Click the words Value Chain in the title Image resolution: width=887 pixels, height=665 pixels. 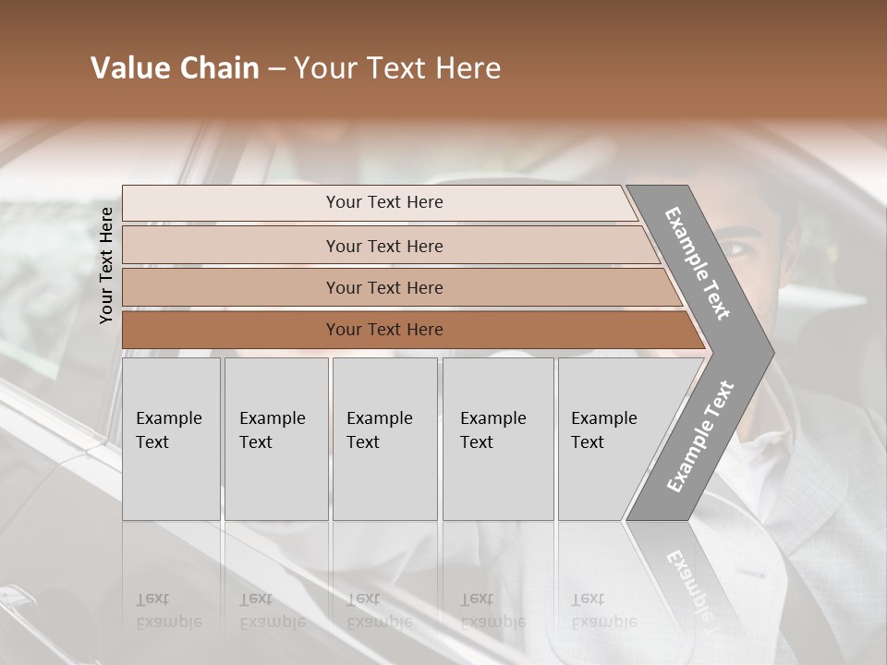coord(175,68)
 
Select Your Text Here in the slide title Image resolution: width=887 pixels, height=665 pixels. coord(397,68)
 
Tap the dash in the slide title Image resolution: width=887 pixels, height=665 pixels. coord(276,69)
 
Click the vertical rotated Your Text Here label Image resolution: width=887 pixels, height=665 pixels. coord(106,265)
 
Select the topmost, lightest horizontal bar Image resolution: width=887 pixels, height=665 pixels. coord(383,202)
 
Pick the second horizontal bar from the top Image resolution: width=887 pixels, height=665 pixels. coord(383,246)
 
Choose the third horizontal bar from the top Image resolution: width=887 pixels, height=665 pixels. coord(383,287)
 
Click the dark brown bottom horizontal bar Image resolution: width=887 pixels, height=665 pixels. coord(383,330)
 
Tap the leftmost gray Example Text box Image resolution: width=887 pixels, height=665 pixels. coord(171,439)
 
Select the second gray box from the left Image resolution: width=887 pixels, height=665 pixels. coord(275,439)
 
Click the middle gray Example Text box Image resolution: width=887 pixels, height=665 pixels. coord(384,439)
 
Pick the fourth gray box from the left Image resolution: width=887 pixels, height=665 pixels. coord(497,439)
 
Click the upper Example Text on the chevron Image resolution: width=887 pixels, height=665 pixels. coord(698,263)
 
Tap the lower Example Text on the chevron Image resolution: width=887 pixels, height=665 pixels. coord(700,436)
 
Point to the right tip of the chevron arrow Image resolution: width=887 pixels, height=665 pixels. coord(772,351)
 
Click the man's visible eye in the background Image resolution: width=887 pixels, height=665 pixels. coord(736,248)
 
